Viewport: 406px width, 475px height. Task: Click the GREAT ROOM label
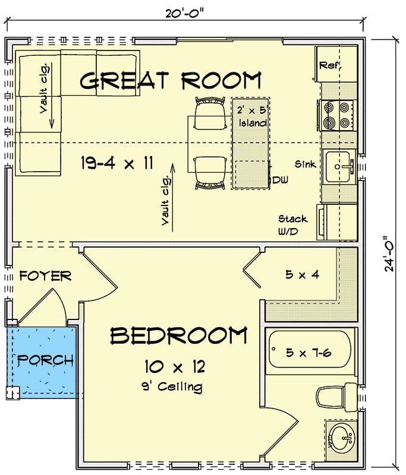coord(171,80)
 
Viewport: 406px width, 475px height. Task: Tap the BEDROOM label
coord(178,336)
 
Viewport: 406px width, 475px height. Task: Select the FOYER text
coord(45,276)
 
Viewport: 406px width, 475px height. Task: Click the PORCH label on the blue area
coord(45,360)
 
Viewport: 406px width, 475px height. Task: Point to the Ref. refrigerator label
coord(331,65)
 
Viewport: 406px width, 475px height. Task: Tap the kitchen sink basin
coord(339,167)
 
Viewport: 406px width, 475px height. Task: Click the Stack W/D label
coord(292,226)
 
